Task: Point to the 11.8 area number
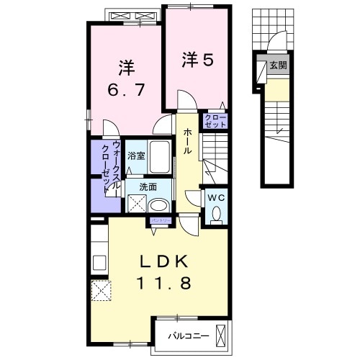pos(165,284)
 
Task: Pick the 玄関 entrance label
pos(277,66)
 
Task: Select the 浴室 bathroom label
pos(136,155)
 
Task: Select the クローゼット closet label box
pos(216,121)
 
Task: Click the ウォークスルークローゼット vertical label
pos(110,169)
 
